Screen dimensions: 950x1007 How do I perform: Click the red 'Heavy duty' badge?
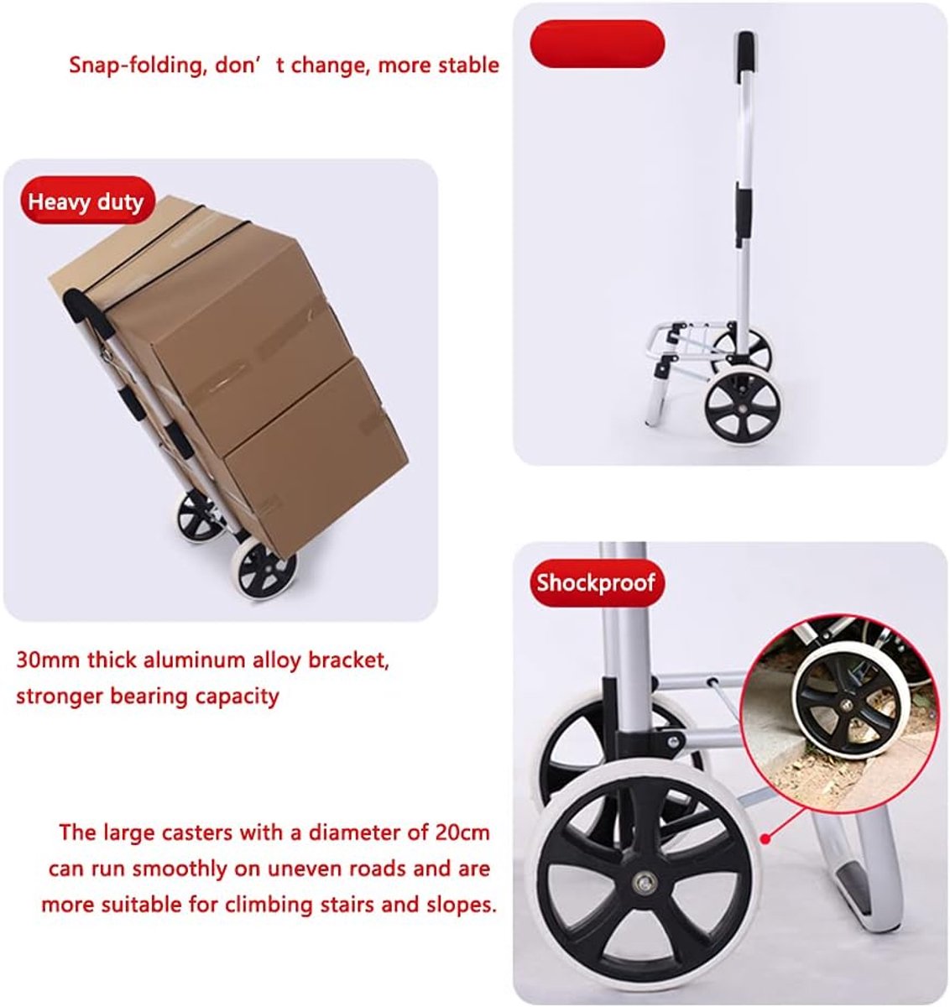(x=87, y=201)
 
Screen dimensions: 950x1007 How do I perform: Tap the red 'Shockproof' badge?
(x=597, y=582)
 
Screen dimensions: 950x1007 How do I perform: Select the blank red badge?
(x=597, y=44)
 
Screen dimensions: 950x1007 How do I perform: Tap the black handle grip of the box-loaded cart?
(x=87, y=313)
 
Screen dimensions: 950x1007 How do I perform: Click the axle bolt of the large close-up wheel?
(x=645, y=884)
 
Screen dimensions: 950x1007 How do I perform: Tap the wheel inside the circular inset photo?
(x=846, y=705)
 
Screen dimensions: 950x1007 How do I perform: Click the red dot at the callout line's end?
(x=766, y=839)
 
